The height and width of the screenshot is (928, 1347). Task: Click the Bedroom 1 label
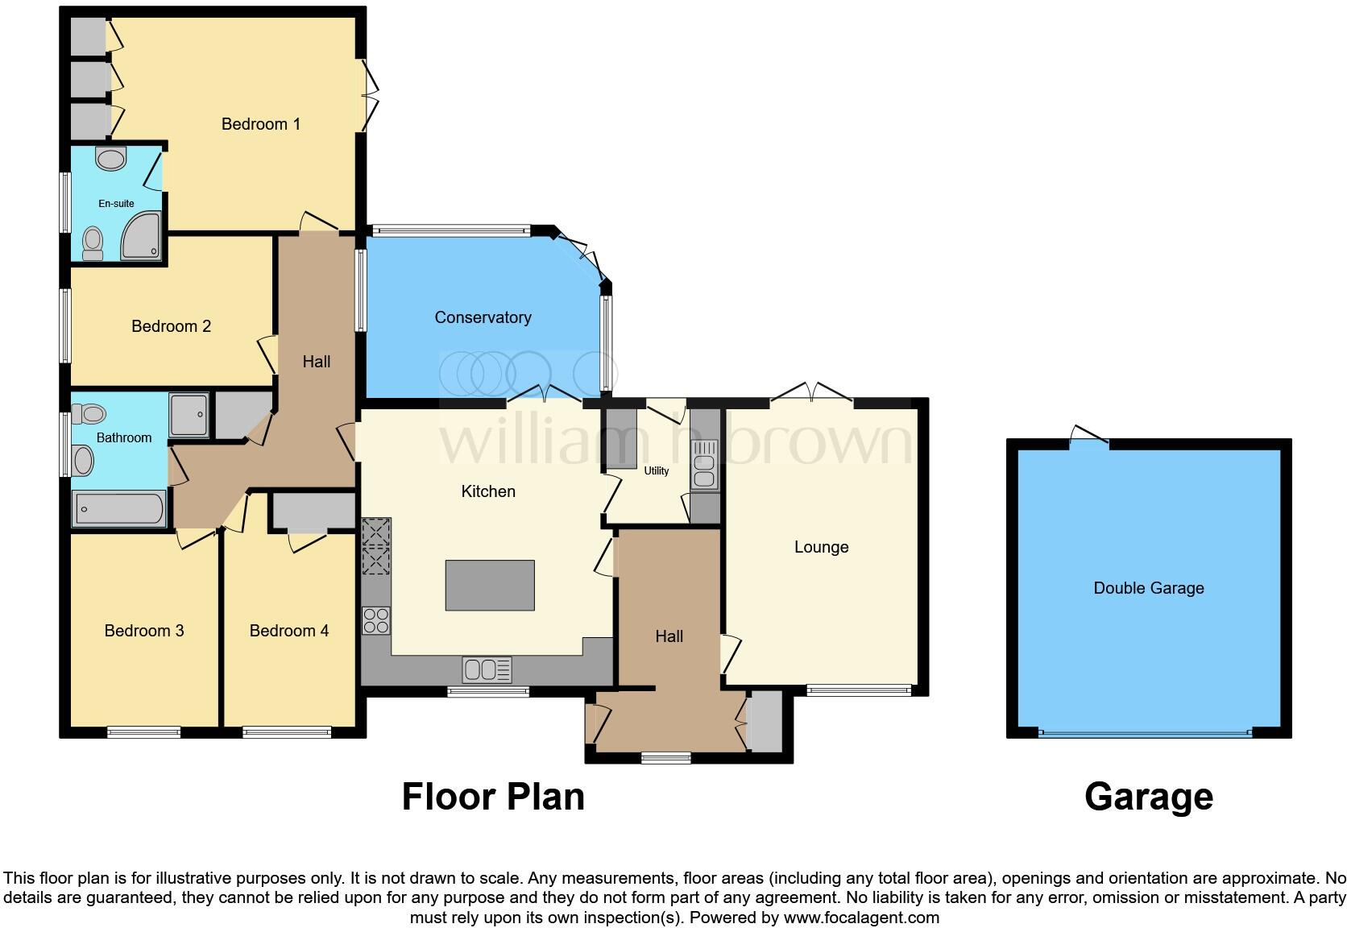pos(260,124)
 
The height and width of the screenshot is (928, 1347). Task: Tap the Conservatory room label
pos(483,317)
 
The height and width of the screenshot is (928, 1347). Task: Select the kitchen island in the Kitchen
pos(490,585)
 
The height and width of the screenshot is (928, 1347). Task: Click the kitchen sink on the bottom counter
pos(487,669)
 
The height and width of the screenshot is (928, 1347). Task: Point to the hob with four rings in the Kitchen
pos(376,620)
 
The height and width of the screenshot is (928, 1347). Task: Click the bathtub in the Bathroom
pos(119,509)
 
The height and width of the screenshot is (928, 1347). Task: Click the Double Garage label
pos(1148,588)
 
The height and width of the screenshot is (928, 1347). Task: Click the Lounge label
pos(821,547)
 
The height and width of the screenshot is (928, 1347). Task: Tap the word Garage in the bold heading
pos(1148,797)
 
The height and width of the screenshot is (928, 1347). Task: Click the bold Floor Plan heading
pos(493,797)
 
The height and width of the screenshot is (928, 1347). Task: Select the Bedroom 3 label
pos(144,631)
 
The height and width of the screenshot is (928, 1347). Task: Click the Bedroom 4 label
pos(288,631)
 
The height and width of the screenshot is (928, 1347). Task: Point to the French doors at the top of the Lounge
pos(812,394)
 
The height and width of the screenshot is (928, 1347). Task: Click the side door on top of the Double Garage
pos(1088,436)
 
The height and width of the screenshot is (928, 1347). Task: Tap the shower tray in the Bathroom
pos(189,415)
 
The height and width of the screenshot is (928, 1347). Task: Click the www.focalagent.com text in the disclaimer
pos(861,918)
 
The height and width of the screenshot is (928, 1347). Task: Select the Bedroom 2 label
pos(171,326)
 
